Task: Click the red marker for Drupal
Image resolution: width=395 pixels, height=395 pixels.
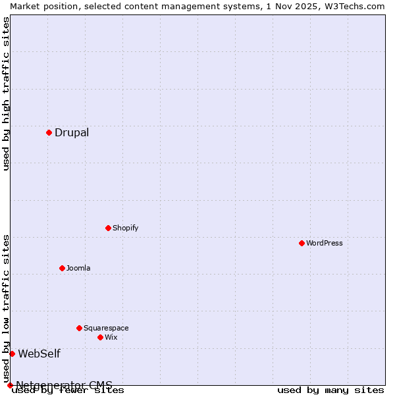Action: pyautogui.click(x=49, y=132)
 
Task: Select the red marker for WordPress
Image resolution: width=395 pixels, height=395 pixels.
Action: pyautogui.click(x=302, y=243)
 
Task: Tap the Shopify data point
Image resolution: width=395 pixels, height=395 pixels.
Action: pyautogui.click(x=108, y=228)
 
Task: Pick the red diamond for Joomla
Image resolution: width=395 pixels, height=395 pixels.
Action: pyautogui.click(x=62, y=268)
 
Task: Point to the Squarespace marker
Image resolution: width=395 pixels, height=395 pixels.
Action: pyautogui.click(x=79, y=328)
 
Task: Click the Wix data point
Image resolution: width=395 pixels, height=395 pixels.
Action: pyautogui.click(x=100, y=337)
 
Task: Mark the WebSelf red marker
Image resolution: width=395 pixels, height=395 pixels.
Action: pyautogui.click(x=12, y=354)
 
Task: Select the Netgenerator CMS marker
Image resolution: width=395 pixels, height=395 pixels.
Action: pyautogui.click(x=10, y=385)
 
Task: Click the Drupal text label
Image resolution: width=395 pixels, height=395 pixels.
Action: pyautogui.click(x=72, y=133)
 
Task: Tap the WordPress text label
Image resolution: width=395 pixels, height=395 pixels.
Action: pyautogui.click(x=325, y=243)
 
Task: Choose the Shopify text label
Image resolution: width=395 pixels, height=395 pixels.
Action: pyautogui.click(x=125, y=228)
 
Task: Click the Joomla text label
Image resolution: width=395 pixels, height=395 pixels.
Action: pyautogui.click(x=78, y=268)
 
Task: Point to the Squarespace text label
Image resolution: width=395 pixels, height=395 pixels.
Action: pyautogui.click(x=106, y=328)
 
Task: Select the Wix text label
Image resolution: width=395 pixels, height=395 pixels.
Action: pyautogui.click(x=111, y=337)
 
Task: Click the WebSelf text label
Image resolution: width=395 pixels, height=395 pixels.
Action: pyautogui.click(x=39, y=354)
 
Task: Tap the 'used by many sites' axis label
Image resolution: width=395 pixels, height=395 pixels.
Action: pyautogui.click(x=330, y=390)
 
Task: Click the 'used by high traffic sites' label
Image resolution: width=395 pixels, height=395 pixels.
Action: pyautogui.click(x=7, y=93)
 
